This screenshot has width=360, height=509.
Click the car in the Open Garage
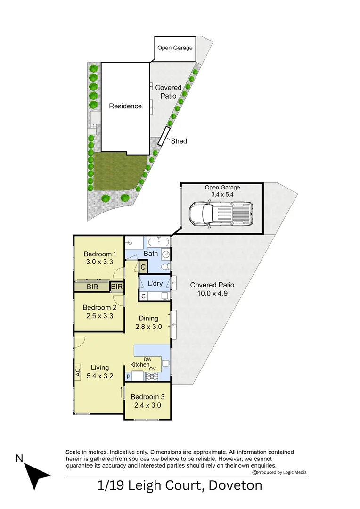221,213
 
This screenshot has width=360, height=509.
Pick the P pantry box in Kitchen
128,377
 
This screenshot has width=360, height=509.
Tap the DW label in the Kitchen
147,359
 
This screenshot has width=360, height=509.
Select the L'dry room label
155,284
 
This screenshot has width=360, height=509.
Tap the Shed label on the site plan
179,141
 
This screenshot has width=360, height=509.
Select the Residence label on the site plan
125,106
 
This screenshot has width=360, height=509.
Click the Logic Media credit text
282,472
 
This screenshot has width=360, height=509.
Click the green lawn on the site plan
118,172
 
